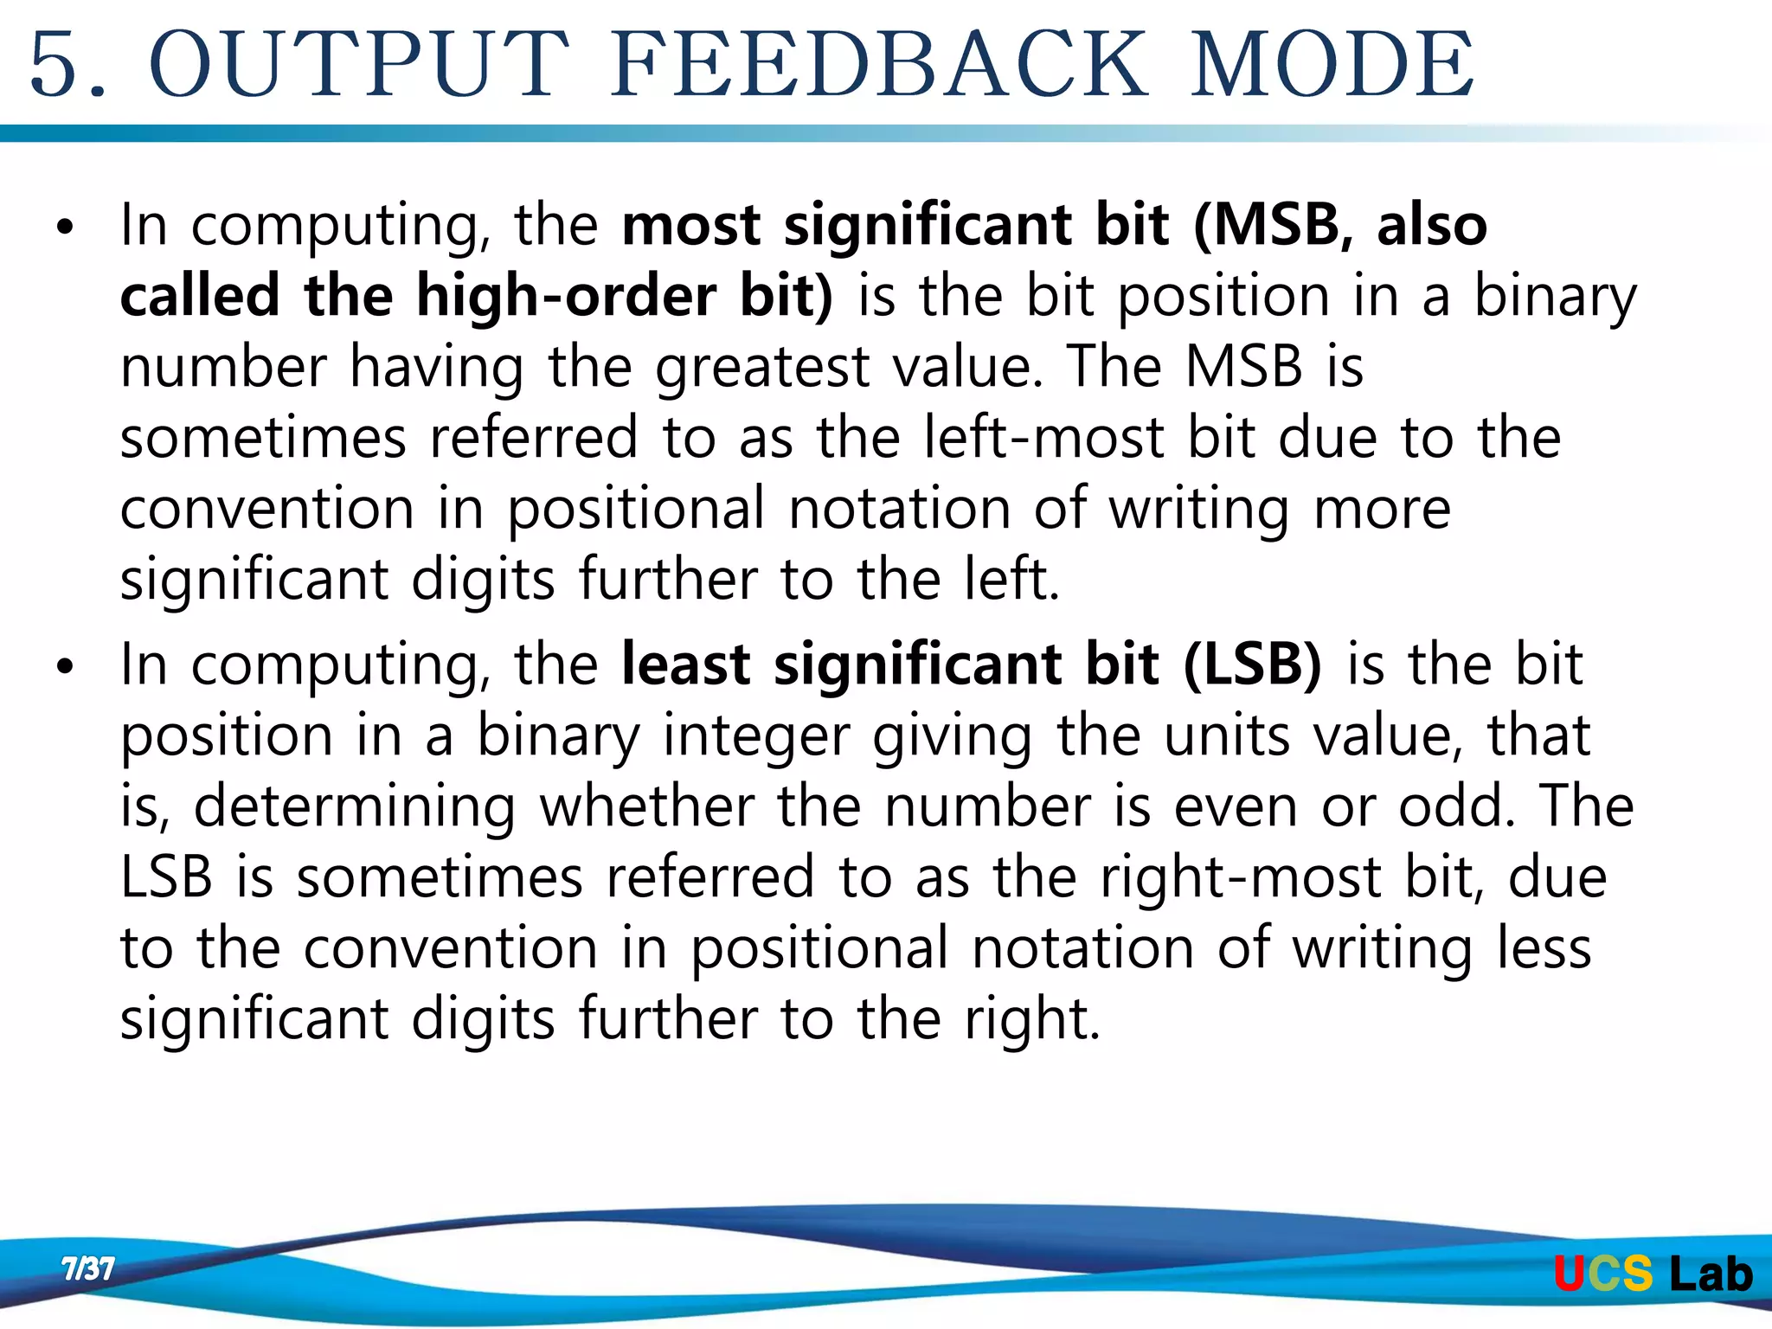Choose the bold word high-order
(566, 296)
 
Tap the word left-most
(1043, 438)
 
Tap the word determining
(355, 808)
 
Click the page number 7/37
(87, 1269)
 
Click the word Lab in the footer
(1711, 1274)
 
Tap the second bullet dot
(65, 668)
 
